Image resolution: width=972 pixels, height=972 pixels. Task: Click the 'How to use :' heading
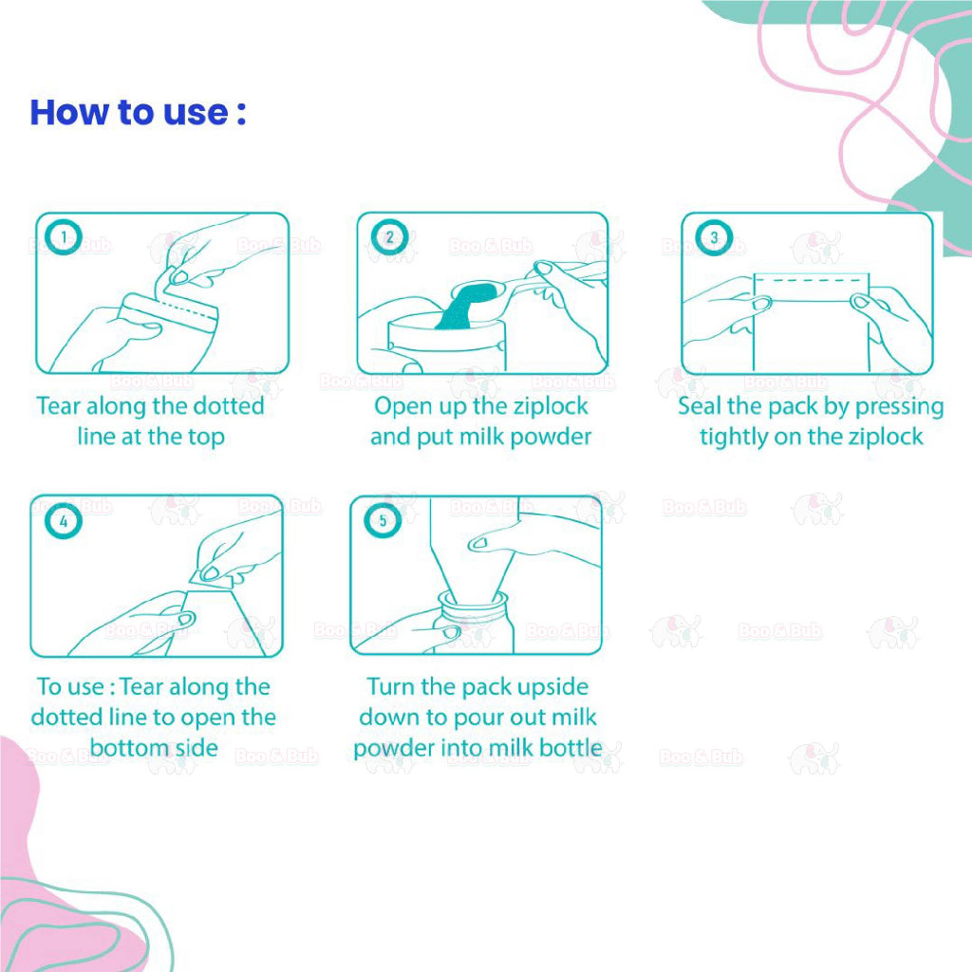[138, 112]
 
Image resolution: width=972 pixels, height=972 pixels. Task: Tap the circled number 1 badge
[64, 236]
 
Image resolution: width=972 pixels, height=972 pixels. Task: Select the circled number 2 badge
[389, 236]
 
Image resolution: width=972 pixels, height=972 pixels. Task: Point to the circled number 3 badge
[714, 236]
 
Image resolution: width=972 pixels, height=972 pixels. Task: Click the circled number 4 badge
[64, 521]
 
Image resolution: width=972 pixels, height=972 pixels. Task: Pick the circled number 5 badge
[383, 520]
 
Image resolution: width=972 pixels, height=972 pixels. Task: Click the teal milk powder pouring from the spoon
[463, 307]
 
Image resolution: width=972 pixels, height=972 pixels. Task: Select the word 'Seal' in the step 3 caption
[700, 406]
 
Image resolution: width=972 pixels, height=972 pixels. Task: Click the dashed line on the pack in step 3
[812, 280]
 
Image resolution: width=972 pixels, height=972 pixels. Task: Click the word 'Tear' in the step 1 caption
[59, 406]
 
